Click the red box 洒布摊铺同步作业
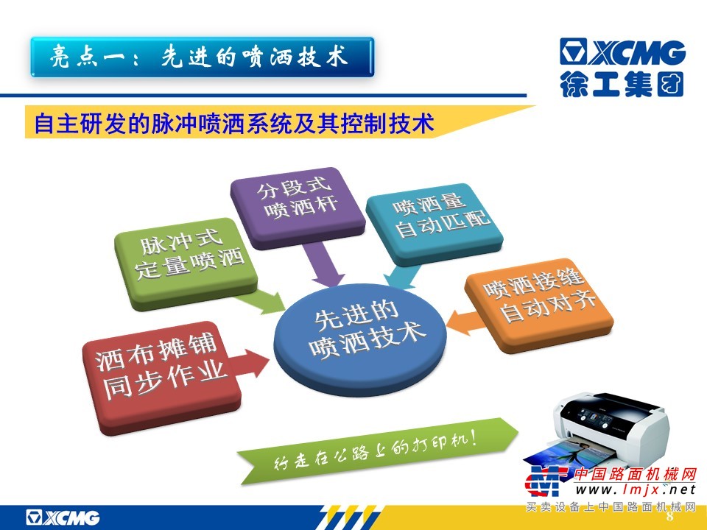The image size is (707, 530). click(x=161, y=377)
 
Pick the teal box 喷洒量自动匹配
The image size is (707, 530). click(x=435, y=223)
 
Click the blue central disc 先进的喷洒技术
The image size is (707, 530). click(x=360, y=339)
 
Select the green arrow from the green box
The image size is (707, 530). click(x=261, y=301)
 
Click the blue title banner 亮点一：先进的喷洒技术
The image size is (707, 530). click(x=202, y=57)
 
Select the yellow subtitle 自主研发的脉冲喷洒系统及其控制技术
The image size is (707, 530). click(x=234, y=123)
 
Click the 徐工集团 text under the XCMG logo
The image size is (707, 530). click(x=622, y=84)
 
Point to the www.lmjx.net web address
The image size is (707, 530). click(x=635, y=490)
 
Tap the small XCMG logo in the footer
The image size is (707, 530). click(x=63, y=517)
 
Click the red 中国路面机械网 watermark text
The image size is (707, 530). click(x=635, y=474)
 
